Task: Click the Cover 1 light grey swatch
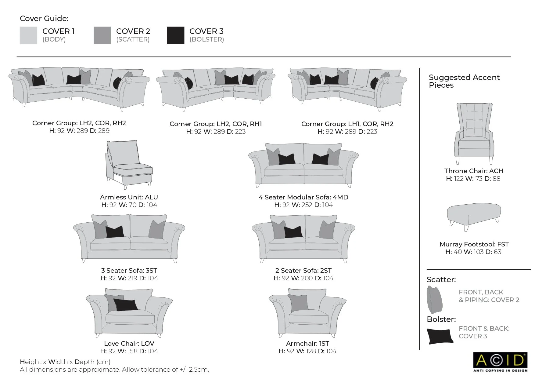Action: (28, 35)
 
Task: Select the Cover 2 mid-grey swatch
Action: (102, 35)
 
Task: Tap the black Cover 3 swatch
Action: (175, 35)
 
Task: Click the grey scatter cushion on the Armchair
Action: (299, 303)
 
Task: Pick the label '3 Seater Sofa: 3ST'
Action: (129, 271)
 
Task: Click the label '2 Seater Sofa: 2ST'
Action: (303, 271)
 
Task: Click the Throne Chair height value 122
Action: (458, 179)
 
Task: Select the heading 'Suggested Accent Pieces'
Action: (464, 81)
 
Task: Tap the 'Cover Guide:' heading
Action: (44, 19)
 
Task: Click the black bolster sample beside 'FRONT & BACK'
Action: (440, 336)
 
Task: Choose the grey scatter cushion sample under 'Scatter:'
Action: (434, 300)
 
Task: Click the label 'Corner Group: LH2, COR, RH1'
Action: (216, 124)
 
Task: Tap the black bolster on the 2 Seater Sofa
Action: (293, 232)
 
